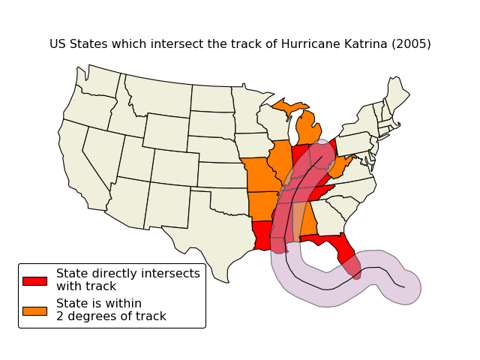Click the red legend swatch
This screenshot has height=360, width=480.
(x=34, y=280)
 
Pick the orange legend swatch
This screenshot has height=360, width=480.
(x=34, y=310)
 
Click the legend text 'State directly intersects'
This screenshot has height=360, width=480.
(x=127, y=274)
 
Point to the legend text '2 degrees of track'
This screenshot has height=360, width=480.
(x=111, y=316)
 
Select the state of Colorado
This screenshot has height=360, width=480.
(x=175, y=167)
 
